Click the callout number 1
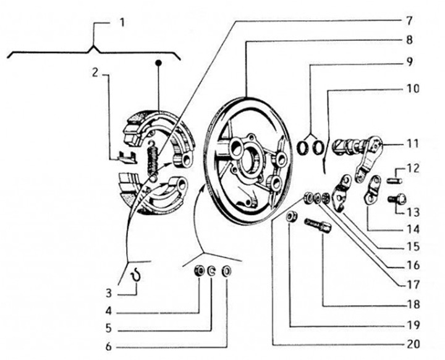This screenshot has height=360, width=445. pos(122,23)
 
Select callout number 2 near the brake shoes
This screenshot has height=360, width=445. pos(95,72)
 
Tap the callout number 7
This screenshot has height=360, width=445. pos(408,20)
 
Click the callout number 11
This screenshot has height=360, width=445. pos(413,143)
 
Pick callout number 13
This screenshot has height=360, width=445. pos(413,211)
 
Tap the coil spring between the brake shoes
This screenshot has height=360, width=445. pos(151,159)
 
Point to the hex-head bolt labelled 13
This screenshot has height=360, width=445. pos(394,199)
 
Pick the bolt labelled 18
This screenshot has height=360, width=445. pos(318,226)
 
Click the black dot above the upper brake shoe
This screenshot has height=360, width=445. pos(159,62)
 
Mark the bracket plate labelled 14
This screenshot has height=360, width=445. pos(372,190)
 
